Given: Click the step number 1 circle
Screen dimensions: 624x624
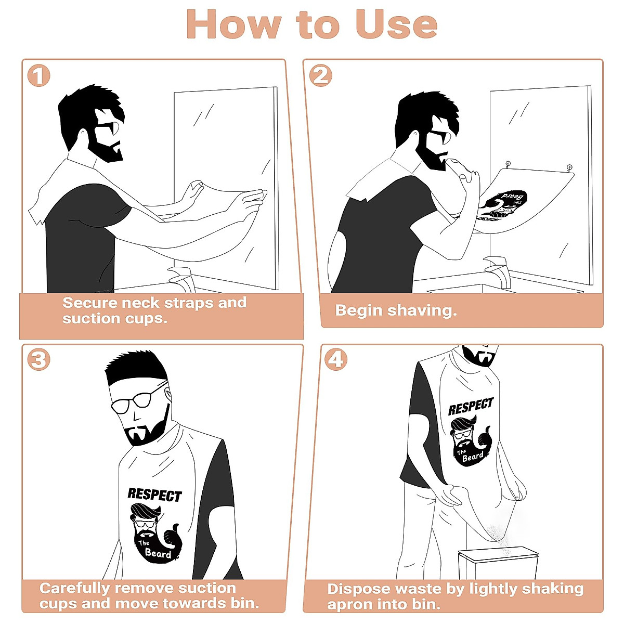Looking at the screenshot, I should [38, 76].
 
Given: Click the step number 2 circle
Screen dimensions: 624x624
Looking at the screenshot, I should [320, 76].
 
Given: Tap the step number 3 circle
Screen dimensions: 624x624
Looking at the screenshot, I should [38, 360].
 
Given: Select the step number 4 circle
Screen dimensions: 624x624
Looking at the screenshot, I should [336, 360].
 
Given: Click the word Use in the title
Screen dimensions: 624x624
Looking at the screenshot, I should [396, 24].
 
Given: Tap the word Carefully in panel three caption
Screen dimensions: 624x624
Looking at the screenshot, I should [76, 588].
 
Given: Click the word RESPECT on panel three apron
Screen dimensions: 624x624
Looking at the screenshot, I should [154, 495].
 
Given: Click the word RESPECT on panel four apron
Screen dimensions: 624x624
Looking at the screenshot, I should [471, 407].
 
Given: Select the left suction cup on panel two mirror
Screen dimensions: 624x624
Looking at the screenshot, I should [508, 164].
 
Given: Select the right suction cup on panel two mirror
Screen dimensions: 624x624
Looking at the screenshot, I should [569, 167].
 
